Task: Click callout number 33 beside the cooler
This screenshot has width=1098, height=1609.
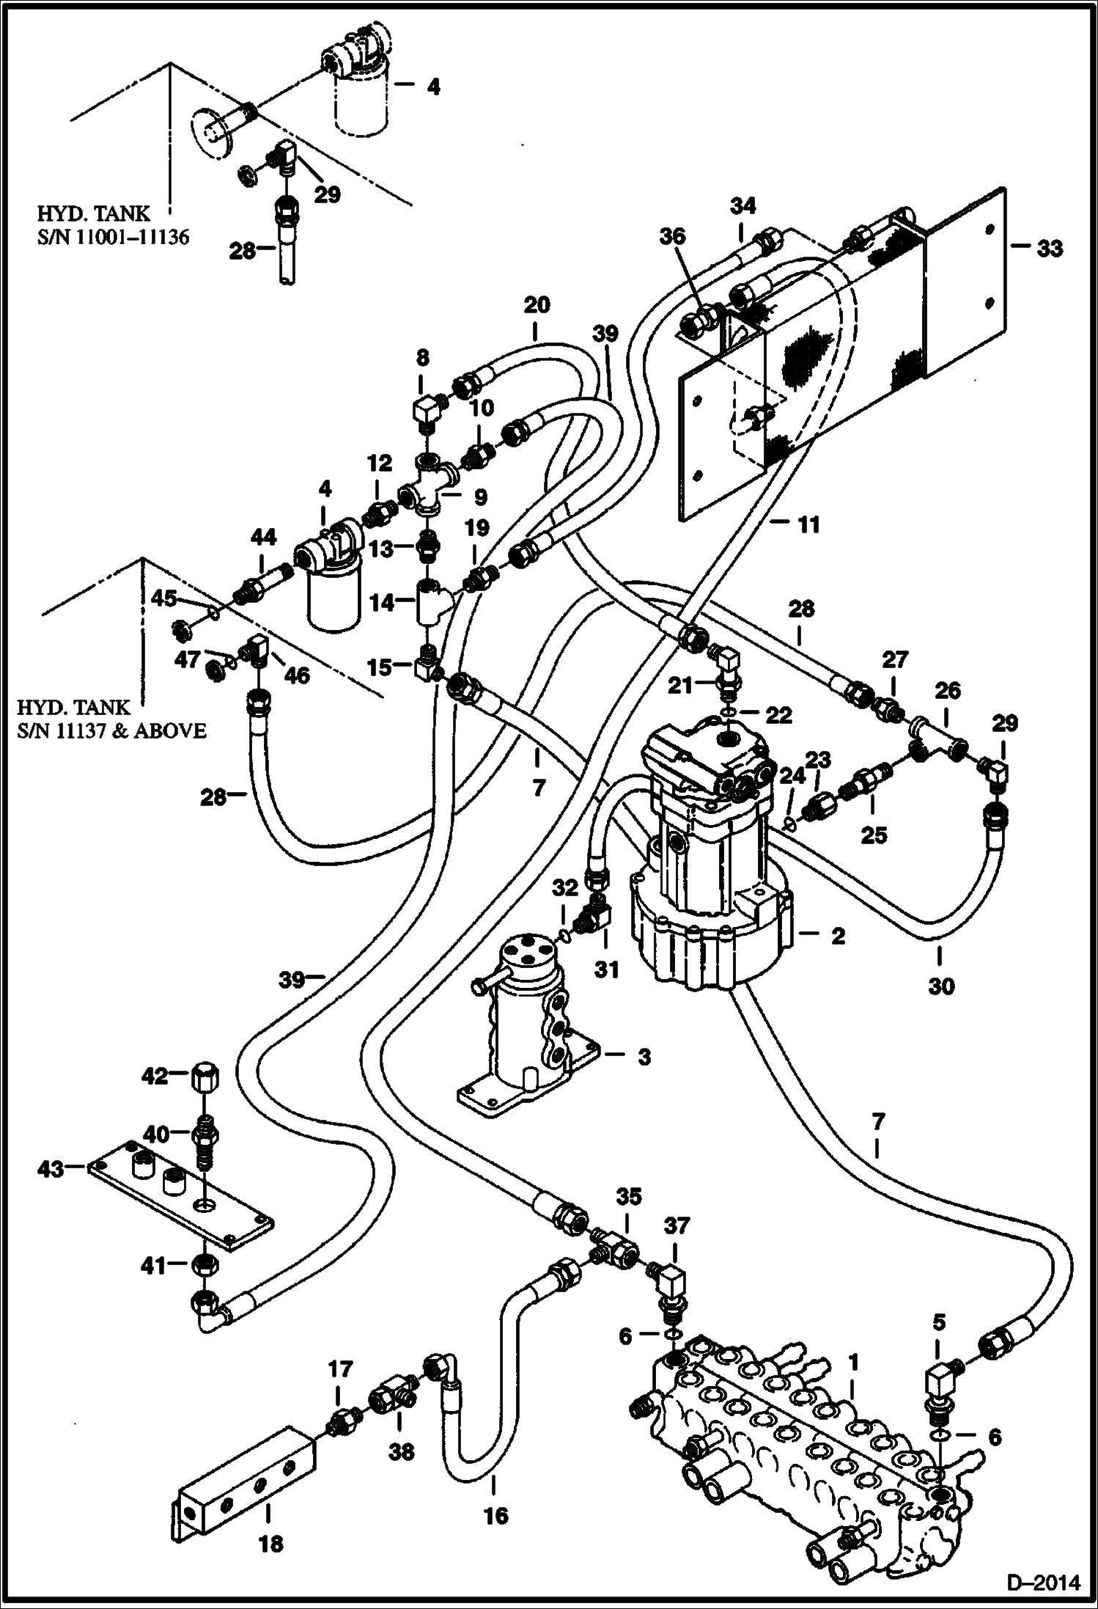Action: coord(1049,249)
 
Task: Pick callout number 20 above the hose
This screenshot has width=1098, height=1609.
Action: coord(537,304)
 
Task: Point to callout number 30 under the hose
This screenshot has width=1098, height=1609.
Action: coord(942,986)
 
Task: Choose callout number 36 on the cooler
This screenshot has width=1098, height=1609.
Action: coord(673,237)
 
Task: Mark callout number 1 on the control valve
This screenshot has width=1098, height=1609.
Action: coord(853,1362)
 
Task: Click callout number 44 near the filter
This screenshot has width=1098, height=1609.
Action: coord(263,538)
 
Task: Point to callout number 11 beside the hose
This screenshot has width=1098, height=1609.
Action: coord(809,524)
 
